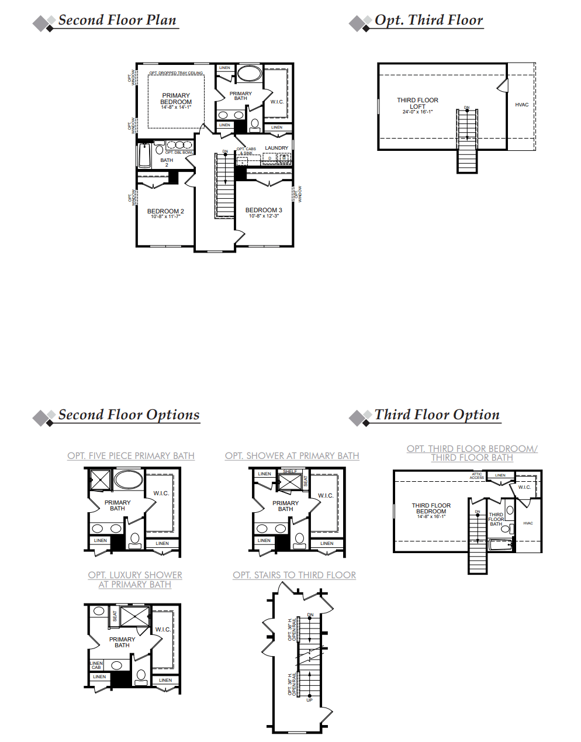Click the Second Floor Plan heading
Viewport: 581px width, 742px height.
tap(117, 20)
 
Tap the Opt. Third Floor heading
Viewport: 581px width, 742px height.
tap(428, 20)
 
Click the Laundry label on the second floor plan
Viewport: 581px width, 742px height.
tap(276, 148)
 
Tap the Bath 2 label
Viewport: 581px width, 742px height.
tap(167, 162)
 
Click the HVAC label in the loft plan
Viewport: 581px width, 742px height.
tap(521, 105)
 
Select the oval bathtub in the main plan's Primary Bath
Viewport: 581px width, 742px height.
tap(250, 74)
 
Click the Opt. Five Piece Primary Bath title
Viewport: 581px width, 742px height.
tap(131, 455)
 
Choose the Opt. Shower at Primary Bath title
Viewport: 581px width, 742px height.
tap(292, 455)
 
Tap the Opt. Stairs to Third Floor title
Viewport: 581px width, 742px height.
tap(294, 575)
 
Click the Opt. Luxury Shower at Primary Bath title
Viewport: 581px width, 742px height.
tap(135, 579)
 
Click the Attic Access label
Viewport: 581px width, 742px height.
tap(477, 476)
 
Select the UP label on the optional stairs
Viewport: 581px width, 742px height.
tap(309, 700)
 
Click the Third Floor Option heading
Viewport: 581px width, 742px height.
tap(437, 415)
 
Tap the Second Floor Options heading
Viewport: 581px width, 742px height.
tap(129, 415)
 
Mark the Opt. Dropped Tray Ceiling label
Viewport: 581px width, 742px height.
tap(176, 73)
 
